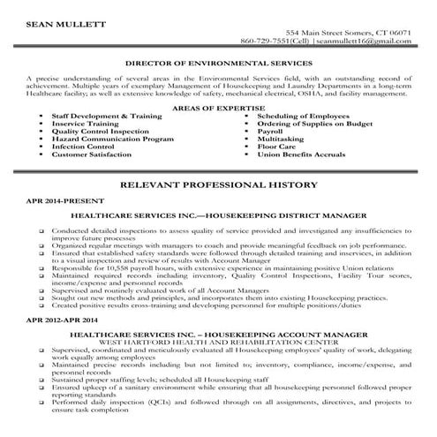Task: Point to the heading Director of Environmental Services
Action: pos(218,64)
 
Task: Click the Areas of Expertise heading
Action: pos(217,106)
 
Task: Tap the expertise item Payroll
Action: pos(270,130)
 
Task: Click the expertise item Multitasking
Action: pos(281,138)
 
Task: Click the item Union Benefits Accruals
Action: pos(302,154)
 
